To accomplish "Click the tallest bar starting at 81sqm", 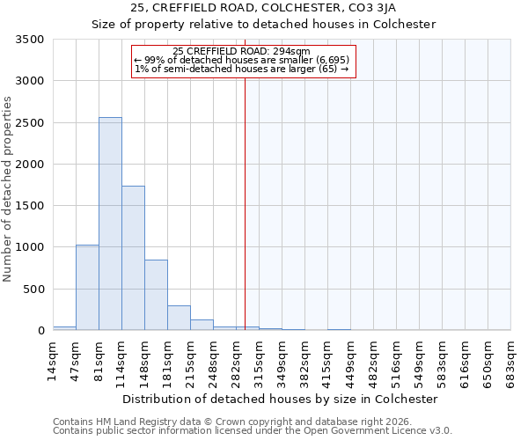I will click(x=110, y=224).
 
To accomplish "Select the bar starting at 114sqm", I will click(x=133, y=259).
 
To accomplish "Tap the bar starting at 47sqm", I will click(x=87, y=288).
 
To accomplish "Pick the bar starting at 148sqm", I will click(x=156, y=296).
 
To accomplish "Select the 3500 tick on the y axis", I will click(x=31, y=40).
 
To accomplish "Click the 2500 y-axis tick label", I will click(x=31, y=123).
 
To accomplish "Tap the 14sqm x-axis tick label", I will click(x=54, y=360).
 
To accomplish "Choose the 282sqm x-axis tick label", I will click(x=237, y=360).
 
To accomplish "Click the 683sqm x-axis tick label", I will click(x=511, y=360).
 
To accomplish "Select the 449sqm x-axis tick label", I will click(x=351, y=360).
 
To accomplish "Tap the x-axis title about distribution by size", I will click(x=280, y=399).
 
